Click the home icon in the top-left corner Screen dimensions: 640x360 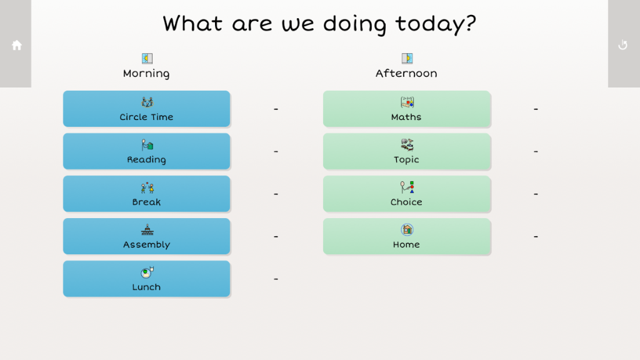(x=17, y=45)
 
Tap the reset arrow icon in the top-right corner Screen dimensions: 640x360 (x=623, y=45)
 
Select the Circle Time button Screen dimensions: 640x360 (x=146, y=109)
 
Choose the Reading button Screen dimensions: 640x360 (x=146, y=151)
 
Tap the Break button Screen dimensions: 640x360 (x=146, y=194)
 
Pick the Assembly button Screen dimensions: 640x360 (x=146, y=236)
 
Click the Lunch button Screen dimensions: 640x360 (x=146, y=279)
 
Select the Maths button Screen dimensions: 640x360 (x=406, y=109)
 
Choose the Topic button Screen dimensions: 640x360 (x=406, y=151)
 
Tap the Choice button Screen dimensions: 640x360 (x=406, y=194)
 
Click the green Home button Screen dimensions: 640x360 (x=406, y=236)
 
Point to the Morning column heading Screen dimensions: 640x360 (x=146, y=74)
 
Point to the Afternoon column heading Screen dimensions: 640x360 (x=406, y=74)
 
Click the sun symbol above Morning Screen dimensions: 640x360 (x=147, y=58)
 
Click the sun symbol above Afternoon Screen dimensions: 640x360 (x=407, y=58)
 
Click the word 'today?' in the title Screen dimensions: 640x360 (x=436, y=24)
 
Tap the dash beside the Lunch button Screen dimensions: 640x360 (x=276, y=279)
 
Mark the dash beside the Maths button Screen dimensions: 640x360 (x=536, y=109)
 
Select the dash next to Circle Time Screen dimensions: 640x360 (x=276, y=109)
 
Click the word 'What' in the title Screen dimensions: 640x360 (x=192, y=23)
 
